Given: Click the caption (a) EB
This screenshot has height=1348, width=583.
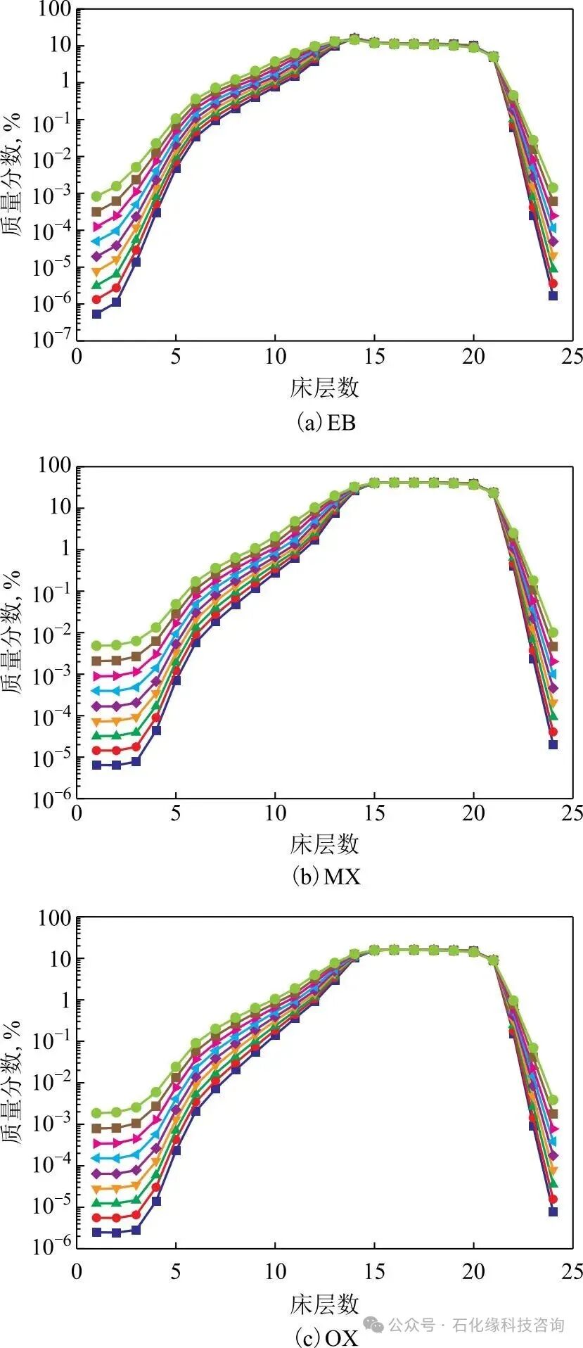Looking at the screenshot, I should point(325,422).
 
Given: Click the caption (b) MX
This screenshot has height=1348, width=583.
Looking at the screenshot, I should point(326,877).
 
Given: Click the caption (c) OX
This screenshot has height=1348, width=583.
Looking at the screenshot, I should point(325,1336).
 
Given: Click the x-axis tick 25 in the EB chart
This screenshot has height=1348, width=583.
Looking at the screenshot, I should point(573,357).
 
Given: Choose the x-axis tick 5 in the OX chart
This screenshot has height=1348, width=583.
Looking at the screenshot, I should point(176,1271).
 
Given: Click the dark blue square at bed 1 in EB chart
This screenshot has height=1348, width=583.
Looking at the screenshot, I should point(96,314).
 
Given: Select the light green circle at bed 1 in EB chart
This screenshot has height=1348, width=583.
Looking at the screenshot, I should point(96,196).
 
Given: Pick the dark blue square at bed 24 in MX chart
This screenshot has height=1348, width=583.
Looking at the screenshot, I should point(553,744).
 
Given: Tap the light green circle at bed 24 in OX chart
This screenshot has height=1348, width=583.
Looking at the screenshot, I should point(553,1100).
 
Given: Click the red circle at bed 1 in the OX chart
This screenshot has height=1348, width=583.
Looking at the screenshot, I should point(96,1217).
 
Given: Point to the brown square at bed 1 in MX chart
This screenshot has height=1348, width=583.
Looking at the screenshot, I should point(96,661).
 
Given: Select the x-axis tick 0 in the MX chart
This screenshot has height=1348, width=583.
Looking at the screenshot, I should point(77,813).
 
